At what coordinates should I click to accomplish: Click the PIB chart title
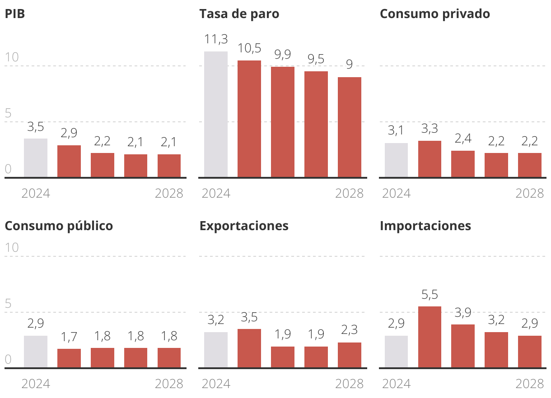(14, 14)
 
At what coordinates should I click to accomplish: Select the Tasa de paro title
(239, 14)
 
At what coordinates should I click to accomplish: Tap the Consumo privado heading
(434, 14)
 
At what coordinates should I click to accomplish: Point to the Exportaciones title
(244, 226)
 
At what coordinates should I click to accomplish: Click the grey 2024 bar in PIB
(36, 158)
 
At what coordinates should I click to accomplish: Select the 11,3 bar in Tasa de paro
(216, 114)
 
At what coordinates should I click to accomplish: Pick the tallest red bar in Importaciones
(430, 337)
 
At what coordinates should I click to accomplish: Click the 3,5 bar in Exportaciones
(249, 348)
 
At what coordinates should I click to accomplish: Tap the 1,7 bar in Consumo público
(69, 358)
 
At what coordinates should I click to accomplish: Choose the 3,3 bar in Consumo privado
(430, 159)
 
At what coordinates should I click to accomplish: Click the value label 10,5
(249, 48)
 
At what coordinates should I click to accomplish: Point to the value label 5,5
(430, 295)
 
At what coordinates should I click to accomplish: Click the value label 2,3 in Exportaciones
(350, 330)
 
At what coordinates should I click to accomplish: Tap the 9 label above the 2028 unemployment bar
(350, 65)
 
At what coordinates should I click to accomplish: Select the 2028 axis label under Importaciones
(530, 384)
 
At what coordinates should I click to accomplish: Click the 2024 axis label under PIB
(36, 194)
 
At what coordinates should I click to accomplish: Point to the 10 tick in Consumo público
(12, 248)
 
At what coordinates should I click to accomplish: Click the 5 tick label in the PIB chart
(8, 114)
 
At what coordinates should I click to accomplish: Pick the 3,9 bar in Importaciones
(463, 346)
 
